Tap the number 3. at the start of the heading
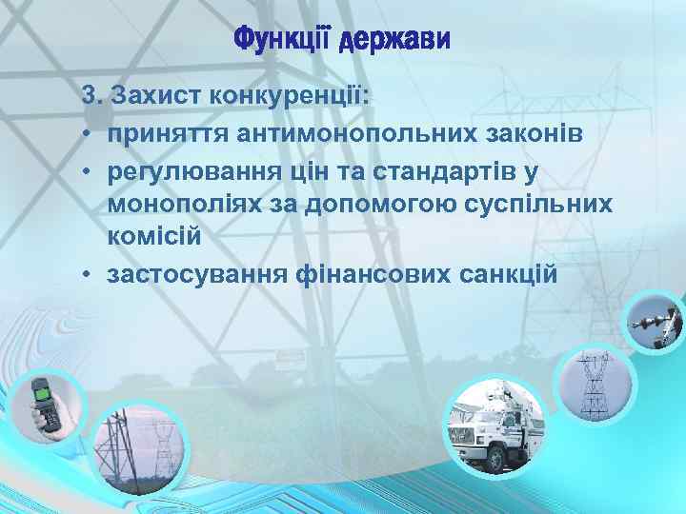point(92,97)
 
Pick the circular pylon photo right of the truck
point(592,385)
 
